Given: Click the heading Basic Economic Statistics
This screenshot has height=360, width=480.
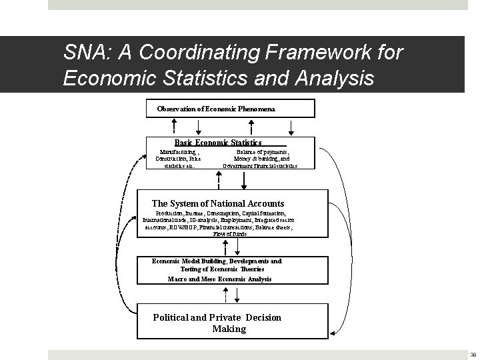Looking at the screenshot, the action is (x=218, y=142).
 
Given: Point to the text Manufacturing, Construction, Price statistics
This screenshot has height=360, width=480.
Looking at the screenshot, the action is (x=178, y=159).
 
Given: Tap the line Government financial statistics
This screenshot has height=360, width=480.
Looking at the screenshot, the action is (x=260, y=165).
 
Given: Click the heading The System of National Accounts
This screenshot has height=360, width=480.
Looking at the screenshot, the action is (x=218, y=203).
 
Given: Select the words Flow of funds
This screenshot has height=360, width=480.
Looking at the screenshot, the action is (x=230, y=234).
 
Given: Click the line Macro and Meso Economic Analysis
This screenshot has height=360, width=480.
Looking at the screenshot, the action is (x=219, y=279).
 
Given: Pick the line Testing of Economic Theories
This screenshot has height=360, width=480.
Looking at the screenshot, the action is (x=218, y=270).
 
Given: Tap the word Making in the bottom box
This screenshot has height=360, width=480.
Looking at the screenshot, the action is (x=229, y=329).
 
